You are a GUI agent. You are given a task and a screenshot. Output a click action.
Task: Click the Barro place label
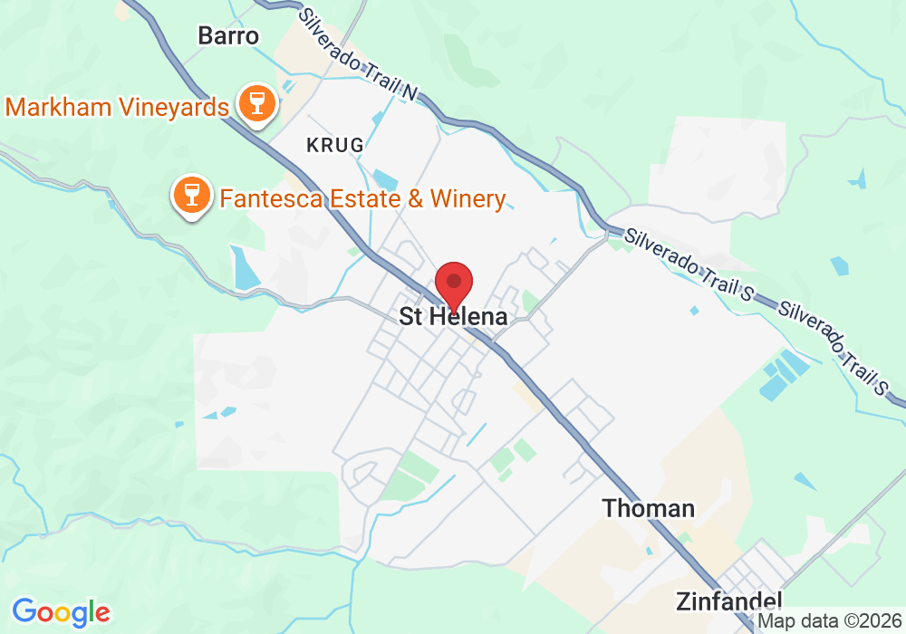(228, 36)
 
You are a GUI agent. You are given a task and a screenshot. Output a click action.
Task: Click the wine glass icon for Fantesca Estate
(191, 194)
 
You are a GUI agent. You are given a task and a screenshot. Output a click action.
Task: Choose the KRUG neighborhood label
(335, 145)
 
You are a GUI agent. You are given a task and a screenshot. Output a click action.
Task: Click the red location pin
(454, 283)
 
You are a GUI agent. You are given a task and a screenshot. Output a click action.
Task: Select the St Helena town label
(453, 317)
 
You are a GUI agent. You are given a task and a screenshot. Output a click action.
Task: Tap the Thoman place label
(649, 508)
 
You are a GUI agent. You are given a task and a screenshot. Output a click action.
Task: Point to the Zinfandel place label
(728, 601)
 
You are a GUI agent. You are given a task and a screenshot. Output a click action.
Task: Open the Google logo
(61, 612)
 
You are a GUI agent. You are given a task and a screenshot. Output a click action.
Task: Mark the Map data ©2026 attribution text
(828, 621)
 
